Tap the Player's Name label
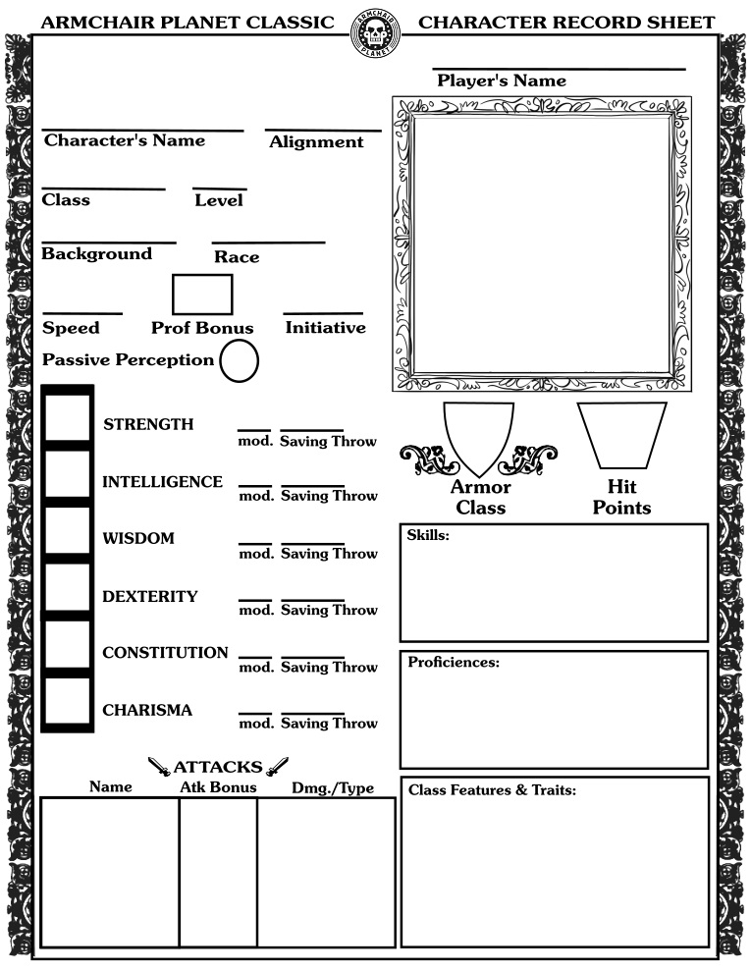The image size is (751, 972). coord(501,81)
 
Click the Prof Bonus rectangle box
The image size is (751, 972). coord(202,295)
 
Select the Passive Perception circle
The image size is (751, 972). coord(239,361)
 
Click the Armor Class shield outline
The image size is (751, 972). coord(478,436)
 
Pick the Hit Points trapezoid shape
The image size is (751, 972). coord(621,434)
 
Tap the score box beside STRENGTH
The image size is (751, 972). coord(67,416)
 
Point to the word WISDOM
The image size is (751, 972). coord(138,539)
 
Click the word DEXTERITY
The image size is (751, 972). coord(149,596)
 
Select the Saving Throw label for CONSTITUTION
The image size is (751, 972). coord(329,668)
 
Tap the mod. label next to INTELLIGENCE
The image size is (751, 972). coord(256,496)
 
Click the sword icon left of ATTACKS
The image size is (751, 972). coord(159,767)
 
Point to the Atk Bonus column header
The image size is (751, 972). coord(218,787)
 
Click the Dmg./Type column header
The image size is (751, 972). coord(333,788)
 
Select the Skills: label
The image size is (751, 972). coord(428,535)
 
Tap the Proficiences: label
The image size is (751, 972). coord(454,663)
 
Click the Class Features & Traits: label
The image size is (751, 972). coord(492,789)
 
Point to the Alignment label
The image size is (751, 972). coord(316,142)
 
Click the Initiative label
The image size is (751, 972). coord(325,328)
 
